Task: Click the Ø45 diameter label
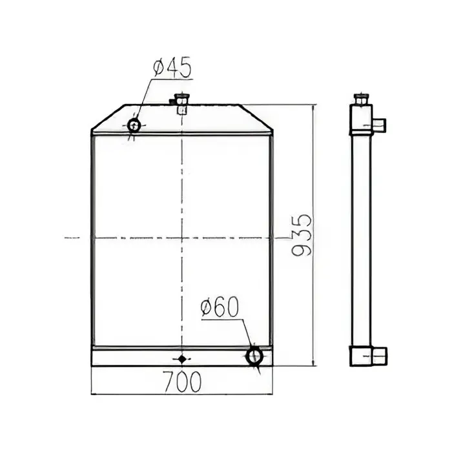pos(172,67)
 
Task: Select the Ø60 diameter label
pos(220,307)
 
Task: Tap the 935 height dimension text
pos(302,235)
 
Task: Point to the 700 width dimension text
pos(182,382)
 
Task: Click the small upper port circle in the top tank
pos(134,125)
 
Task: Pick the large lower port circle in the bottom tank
pos(254,356)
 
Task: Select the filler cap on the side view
pos(361,99)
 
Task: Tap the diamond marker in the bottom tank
pos(182,359)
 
